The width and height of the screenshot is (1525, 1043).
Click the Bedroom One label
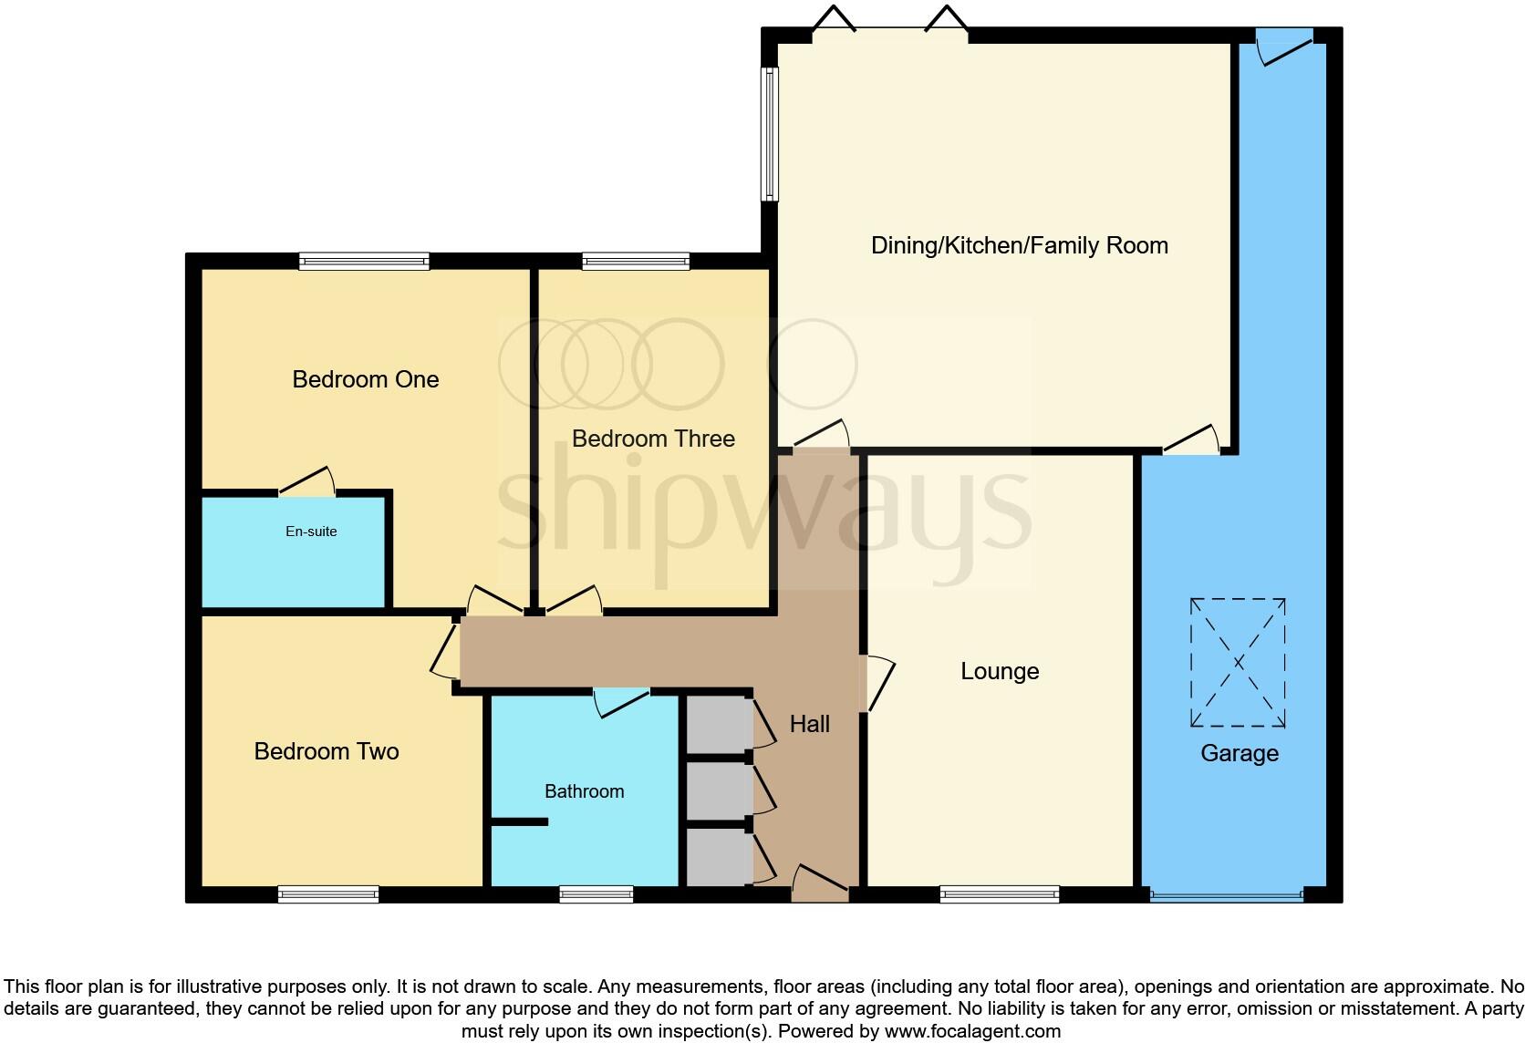click(x=365, y=379)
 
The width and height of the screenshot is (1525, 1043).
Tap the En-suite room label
click(x=311, y=532)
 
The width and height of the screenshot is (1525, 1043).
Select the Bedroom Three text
click(x=653, y=439)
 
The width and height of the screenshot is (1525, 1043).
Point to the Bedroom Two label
click(x=327, y=751)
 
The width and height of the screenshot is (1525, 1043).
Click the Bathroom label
click(x=584, y=791)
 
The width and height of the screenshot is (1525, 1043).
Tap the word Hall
click(x=809, y=724)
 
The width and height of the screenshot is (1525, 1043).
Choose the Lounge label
click(x=1000, y=672)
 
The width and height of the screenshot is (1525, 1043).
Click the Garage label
click(x=1239, y=753)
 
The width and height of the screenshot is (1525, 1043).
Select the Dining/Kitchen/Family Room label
click(x=1019, y=245)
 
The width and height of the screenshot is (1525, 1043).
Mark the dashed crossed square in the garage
click(x=1238, y=663)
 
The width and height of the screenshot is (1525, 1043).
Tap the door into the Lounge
click(x=877, y=682)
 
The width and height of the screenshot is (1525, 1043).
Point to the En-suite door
click(x=306, y=481)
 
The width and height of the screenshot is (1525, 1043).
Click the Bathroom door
click(x=620, y=700)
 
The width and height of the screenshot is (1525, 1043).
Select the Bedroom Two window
click(x=328, y=894)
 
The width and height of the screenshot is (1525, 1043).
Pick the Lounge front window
click(x=1000, y=894)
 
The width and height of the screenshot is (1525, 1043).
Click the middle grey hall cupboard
click(x=717, y=790)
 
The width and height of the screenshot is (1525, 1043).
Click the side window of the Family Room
click(x=771, y=135)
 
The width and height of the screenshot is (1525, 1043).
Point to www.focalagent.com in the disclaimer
click(x=972, y=1032)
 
